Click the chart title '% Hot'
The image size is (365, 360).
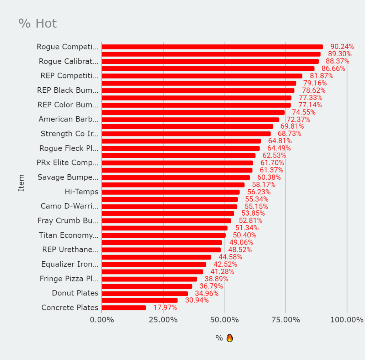coord(37,24)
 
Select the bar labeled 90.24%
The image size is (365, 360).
coord(212,47)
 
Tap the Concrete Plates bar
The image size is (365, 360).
coord(124,308)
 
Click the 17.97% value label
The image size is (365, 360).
coord(165,308)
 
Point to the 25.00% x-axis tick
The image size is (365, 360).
coord(163,320)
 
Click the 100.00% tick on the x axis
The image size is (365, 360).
coord(346,320)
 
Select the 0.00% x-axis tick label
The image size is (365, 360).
coord(102,320)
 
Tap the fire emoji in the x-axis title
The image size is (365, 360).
coord(230,338)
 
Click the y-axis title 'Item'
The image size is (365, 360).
coord(21,183)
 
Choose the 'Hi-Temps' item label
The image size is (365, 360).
coord(81,192)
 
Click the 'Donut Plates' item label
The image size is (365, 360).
coord(75,293)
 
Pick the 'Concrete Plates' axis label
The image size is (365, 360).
coord(70,308)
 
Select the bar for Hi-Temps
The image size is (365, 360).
coord(171,192)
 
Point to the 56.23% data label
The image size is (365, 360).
coord(259,192)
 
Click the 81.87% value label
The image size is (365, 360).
coord(322,76)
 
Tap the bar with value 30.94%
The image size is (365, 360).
coord(140,300)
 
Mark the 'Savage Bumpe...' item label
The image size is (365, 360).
coord(68,177)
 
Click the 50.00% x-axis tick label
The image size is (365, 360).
coord(225,320)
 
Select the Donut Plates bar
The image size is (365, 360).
coord(145,293)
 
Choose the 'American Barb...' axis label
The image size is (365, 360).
coord(68,119)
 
